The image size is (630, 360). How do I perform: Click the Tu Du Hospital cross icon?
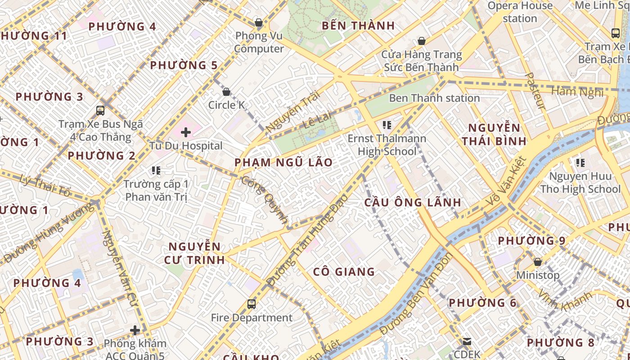[185, 132]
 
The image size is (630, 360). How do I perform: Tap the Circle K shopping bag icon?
[226, 92]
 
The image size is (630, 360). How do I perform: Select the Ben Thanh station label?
[434, 98]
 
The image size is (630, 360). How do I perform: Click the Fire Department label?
[252, 318]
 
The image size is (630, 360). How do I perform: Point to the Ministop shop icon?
[537, 261]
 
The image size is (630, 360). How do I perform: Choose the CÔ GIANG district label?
[344, 272]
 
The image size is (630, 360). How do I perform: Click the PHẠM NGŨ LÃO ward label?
[283, 162]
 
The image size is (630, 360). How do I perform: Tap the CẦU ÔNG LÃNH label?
[412, 202]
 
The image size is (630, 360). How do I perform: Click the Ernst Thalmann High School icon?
[387, 125]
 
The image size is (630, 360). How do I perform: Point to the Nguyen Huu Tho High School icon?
[580, 162]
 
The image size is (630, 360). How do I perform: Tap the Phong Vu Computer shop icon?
[259, 22]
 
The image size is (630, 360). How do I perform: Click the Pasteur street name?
[535, 90]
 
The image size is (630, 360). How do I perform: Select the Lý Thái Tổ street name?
[45, 185]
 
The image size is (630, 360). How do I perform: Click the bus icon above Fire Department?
[252, 304]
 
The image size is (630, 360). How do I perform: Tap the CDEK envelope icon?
[467, 342]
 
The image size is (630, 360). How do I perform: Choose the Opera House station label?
[520, 12]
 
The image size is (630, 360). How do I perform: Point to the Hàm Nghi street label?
[577, 92]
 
